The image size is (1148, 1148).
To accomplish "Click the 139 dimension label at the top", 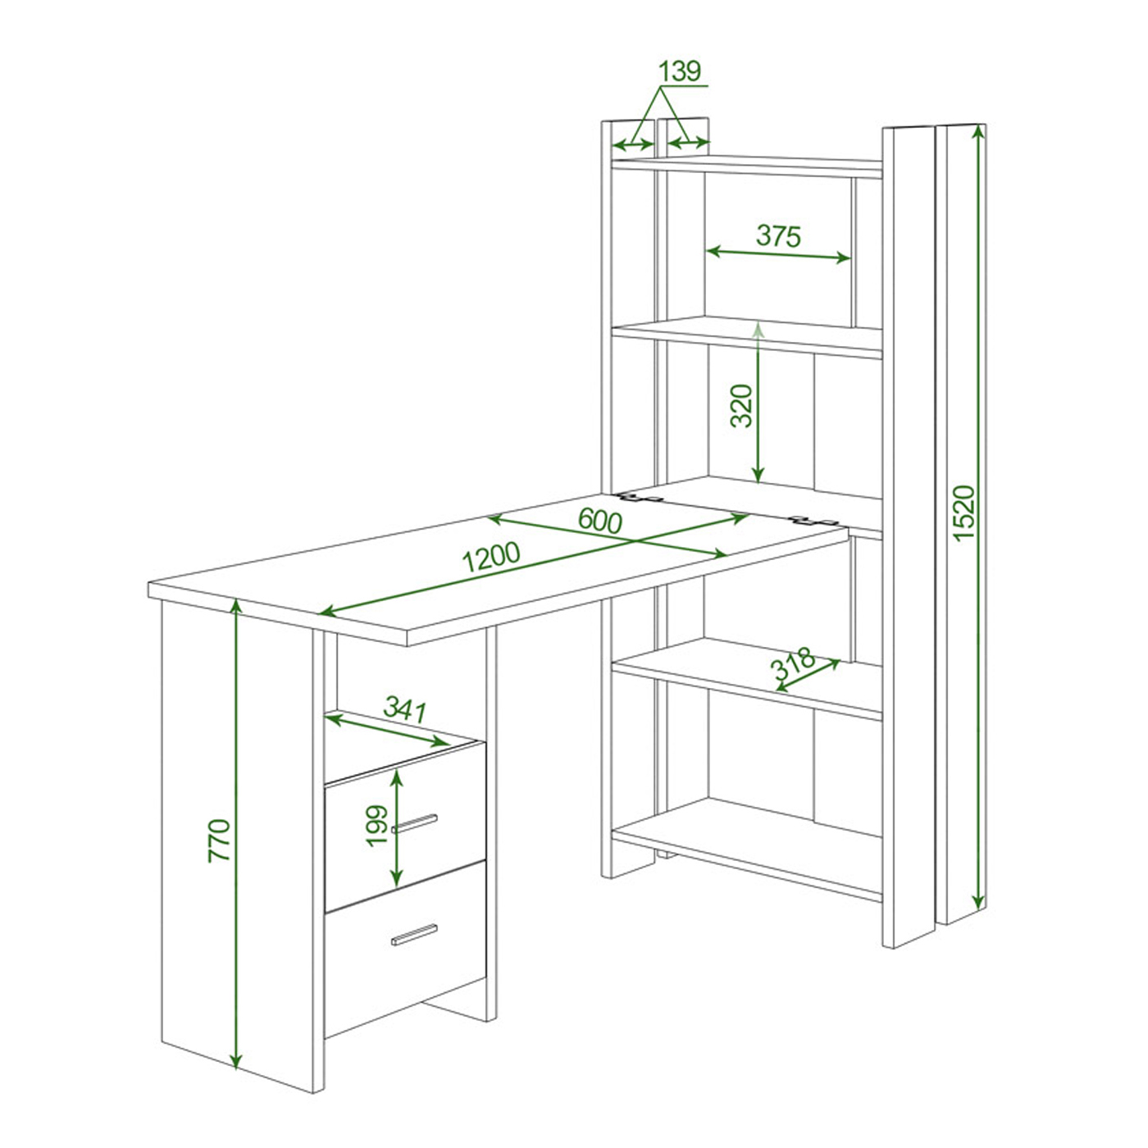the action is (680, 71).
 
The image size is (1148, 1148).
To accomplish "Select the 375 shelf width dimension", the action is (778, 236).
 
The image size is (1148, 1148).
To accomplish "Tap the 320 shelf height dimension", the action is (742, 406).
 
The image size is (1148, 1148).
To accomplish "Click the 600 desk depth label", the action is (599, 522).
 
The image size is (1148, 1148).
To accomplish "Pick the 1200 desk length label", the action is (491, 557).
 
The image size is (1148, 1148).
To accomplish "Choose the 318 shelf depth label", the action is (793, 663).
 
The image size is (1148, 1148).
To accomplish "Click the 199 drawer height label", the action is (376, 826).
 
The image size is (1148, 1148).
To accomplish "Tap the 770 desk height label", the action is (219, 840).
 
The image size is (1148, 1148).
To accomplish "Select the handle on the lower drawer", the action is (414, 935).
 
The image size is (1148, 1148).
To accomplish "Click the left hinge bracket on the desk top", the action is (637, 498).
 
